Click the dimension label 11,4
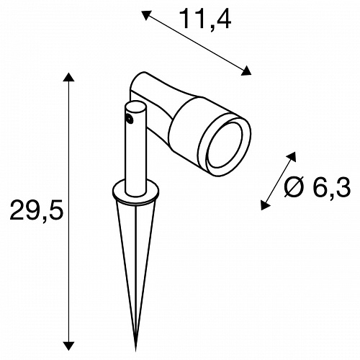(x=206, y=19)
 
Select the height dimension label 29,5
(x=37, y=211)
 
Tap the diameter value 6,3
(x=332, y=187)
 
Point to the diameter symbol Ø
(x=294, y=187)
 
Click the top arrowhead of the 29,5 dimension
(x=69, y=77)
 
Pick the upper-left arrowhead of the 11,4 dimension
(x=146, y=15)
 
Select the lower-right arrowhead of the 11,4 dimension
(x=246, y=71)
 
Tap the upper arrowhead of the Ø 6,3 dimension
(x=292, y=157)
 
